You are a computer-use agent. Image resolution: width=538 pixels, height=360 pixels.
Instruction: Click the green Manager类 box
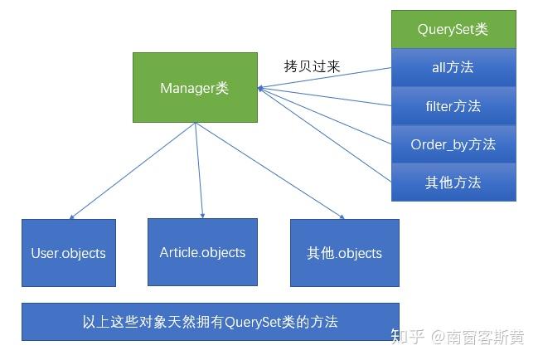tap(195, 87)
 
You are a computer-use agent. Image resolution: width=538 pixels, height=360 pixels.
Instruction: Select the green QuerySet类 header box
tap(453, 29)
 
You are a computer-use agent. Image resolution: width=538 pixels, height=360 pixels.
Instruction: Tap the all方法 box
tap(453, 67)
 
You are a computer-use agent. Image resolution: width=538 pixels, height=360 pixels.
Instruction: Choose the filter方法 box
tap(453, 105)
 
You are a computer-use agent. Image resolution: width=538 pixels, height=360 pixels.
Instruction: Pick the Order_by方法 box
tap(453, 144)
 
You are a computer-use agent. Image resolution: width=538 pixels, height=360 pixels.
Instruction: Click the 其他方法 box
tap(453, 182)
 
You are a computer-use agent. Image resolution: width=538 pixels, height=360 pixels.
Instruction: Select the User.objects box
tap(69, 253)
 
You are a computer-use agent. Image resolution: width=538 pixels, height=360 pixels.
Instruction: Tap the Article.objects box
tap(202, 252)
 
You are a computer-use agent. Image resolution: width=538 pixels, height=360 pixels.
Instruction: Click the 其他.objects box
tap(345, 253)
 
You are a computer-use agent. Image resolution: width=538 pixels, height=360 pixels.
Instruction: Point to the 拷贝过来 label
tap(312, 66)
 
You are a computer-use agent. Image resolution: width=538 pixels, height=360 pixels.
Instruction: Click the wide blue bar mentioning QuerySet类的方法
tap(211, 322)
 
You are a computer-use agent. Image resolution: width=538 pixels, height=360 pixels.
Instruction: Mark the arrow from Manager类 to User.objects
tap(133, 170)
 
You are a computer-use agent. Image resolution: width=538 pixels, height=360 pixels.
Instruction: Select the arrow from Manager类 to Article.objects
tap(199, 170)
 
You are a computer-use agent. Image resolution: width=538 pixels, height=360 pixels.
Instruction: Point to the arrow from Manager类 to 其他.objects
tap(269, 170)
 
